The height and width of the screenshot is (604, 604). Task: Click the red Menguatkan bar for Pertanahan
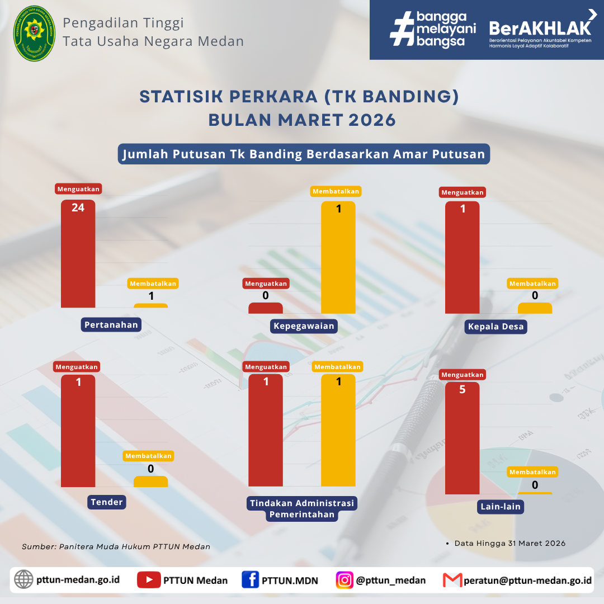pos(78,253)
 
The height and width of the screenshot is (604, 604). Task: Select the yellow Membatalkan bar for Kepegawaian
pos(338,257)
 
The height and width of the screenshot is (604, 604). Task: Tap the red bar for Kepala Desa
pos(463,257)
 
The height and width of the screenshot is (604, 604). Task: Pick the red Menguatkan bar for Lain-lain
pos(463,438)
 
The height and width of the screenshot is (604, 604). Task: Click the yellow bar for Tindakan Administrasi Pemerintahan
pos(338,430)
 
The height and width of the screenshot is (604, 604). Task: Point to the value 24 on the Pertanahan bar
pos(78,207)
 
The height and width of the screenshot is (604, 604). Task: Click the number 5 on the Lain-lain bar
pos(463,389)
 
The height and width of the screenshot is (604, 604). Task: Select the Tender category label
pos(107,502)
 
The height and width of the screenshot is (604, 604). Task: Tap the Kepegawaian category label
pos(304,326)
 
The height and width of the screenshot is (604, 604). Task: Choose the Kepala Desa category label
pos(496,327)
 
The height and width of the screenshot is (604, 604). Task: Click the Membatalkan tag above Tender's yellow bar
pos(148,456)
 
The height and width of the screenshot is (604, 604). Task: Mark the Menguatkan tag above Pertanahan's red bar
pos(78,189)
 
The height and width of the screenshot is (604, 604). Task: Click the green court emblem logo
pos(34,34)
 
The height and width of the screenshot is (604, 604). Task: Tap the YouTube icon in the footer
pos(149,580)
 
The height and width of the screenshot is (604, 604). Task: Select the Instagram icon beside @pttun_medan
pos(345,580)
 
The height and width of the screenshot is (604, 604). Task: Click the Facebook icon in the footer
pos(251,580)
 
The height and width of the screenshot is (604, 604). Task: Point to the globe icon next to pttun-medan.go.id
pos(23,579)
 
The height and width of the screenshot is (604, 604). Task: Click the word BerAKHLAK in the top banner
pos(540,29)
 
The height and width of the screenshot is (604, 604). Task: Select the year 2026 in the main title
pos(372,120)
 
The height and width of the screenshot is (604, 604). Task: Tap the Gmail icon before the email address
pos(452,580)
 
